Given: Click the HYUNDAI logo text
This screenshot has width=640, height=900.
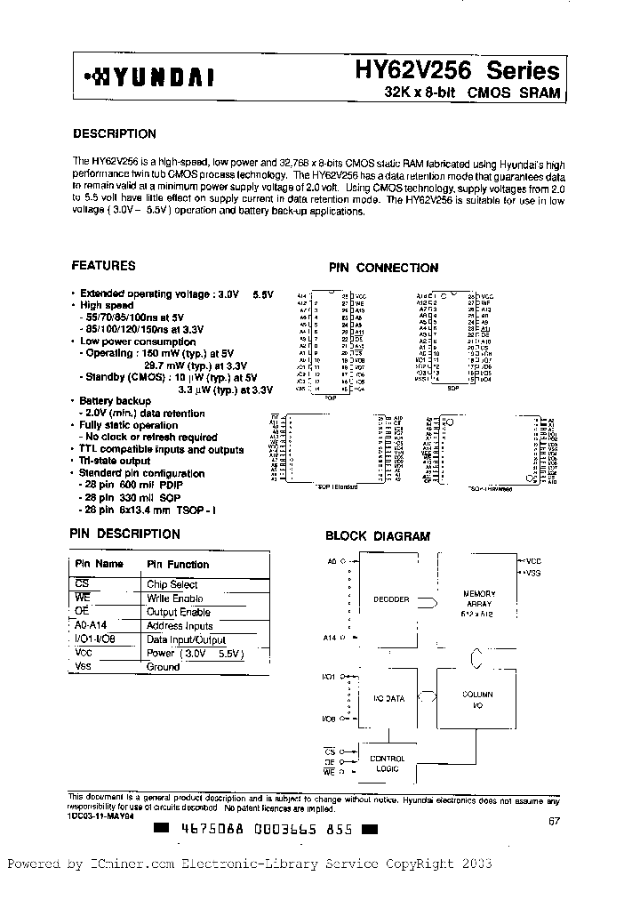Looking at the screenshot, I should (148, 77).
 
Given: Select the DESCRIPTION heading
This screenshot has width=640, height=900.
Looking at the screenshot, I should (114, 134).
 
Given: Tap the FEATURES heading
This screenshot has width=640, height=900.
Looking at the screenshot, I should (103, 266).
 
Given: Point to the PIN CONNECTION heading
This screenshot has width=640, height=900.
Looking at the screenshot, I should (383, 268).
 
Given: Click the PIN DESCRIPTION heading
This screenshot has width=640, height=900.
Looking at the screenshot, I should (124, 534).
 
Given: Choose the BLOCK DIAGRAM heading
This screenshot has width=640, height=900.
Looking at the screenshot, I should (377, 536).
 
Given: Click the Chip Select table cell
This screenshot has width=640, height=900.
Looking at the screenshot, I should (172, 584).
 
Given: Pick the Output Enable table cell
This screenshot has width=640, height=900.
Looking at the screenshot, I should (178, 612).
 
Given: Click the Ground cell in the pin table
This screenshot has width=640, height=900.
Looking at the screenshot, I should (163, 667).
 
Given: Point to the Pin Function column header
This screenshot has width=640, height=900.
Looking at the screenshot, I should (178, 564).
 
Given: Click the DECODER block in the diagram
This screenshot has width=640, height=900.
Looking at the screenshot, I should (391, 599).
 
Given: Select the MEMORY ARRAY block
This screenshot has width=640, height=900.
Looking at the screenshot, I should (479, 601).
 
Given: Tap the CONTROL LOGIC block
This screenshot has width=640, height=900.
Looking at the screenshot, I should (388, 764).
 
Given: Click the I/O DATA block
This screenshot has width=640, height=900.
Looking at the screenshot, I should (388, 698).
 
